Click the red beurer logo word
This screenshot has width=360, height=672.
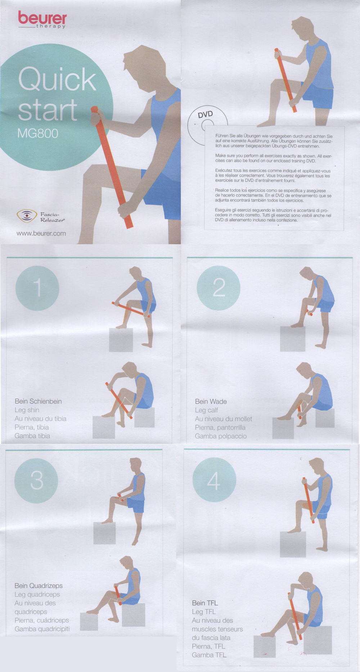42,18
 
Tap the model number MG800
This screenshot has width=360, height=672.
38,133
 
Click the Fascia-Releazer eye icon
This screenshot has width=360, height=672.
27,216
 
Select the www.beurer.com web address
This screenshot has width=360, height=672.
41,233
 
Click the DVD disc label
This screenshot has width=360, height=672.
206,115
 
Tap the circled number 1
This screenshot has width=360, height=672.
37,288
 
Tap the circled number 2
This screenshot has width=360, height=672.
219,288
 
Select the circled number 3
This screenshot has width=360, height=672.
36,480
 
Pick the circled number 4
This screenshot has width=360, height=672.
214,480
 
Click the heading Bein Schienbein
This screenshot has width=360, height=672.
38,402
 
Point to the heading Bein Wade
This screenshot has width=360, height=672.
211,402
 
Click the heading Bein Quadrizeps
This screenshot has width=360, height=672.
39,586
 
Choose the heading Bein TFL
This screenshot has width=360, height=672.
205,603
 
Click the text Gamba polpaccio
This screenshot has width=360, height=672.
221,436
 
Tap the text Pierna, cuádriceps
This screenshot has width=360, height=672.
42,621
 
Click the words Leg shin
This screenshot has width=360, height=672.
27,410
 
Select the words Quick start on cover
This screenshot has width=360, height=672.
57,94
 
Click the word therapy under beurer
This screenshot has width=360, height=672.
51,26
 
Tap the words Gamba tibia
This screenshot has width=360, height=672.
32,436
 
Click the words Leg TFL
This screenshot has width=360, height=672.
204,612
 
